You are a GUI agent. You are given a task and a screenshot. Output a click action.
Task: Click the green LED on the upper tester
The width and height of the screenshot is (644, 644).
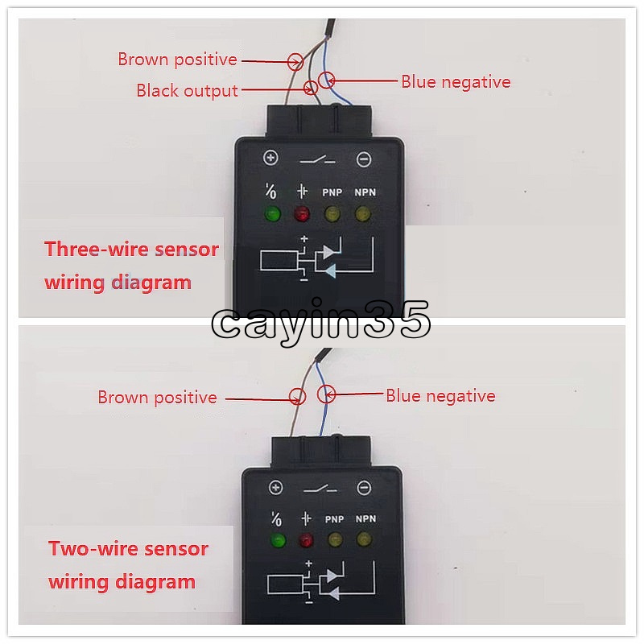coord(272,214)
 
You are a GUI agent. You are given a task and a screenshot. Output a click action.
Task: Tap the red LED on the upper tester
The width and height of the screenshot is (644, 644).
coord(302,214)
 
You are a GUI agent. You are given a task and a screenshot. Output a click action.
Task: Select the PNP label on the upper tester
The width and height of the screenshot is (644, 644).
coord(332,192)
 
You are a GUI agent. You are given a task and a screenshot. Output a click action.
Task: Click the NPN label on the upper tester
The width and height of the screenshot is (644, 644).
coord(365,192)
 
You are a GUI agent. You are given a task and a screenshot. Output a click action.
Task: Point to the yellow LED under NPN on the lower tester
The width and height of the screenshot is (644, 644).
coord(364,539)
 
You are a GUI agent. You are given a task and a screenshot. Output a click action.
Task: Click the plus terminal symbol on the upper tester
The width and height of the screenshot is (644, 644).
coord(270,158)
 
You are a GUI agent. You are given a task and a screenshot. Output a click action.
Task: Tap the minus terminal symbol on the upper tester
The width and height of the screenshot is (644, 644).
coord(364,159)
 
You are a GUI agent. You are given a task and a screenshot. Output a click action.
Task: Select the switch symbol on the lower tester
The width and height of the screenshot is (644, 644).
coord(320,489)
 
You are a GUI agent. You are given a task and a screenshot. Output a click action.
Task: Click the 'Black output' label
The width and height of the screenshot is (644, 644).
coord(187,91)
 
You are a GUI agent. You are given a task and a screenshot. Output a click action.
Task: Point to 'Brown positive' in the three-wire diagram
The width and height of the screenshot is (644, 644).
coord(177,60)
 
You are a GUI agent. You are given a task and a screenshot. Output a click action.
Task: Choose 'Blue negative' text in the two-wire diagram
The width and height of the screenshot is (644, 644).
coord(440,396)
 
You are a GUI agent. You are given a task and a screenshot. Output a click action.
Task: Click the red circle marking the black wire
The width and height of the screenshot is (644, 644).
coord(311,88)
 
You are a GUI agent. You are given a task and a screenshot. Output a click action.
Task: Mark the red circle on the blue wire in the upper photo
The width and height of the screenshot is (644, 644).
coord(327,80)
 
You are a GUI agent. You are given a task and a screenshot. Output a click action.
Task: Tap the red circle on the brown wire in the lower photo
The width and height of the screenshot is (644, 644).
coord(297,397)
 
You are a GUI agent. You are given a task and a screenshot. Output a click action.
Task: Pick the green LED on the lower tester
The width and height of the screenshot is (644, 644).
coord(279,539)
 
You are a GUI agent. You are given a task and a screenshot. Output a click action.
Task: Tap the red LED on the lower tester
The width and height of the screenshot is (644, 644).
coord(306,539)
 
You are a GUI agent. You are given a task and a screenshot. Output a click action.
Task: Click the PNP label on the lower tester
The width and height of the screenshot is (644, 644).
coord(334,519)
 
